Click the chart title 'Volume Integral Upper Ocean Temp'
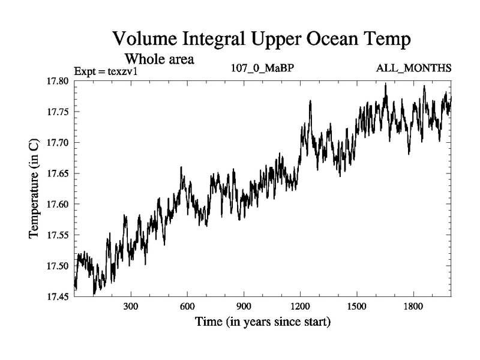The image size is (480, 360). [262, 40]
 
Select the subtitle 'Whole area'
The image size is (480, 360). [159, 59]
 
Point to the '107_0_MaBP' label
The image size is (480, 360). [262, 69]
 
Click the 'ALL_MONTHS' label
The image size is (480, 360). [413, 69]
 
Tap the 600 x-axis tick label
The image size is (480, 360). [187, 306]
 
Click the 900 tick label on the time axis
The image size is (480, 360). [244, 306]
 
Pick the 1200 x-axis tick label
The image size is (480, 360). [300, 306]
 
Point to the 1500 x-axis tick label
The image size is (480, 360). [356, 306]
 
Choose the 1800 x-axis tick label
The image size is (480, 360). [413, 306]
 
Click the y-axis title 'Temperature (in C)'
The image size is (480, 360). [34, 188]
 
